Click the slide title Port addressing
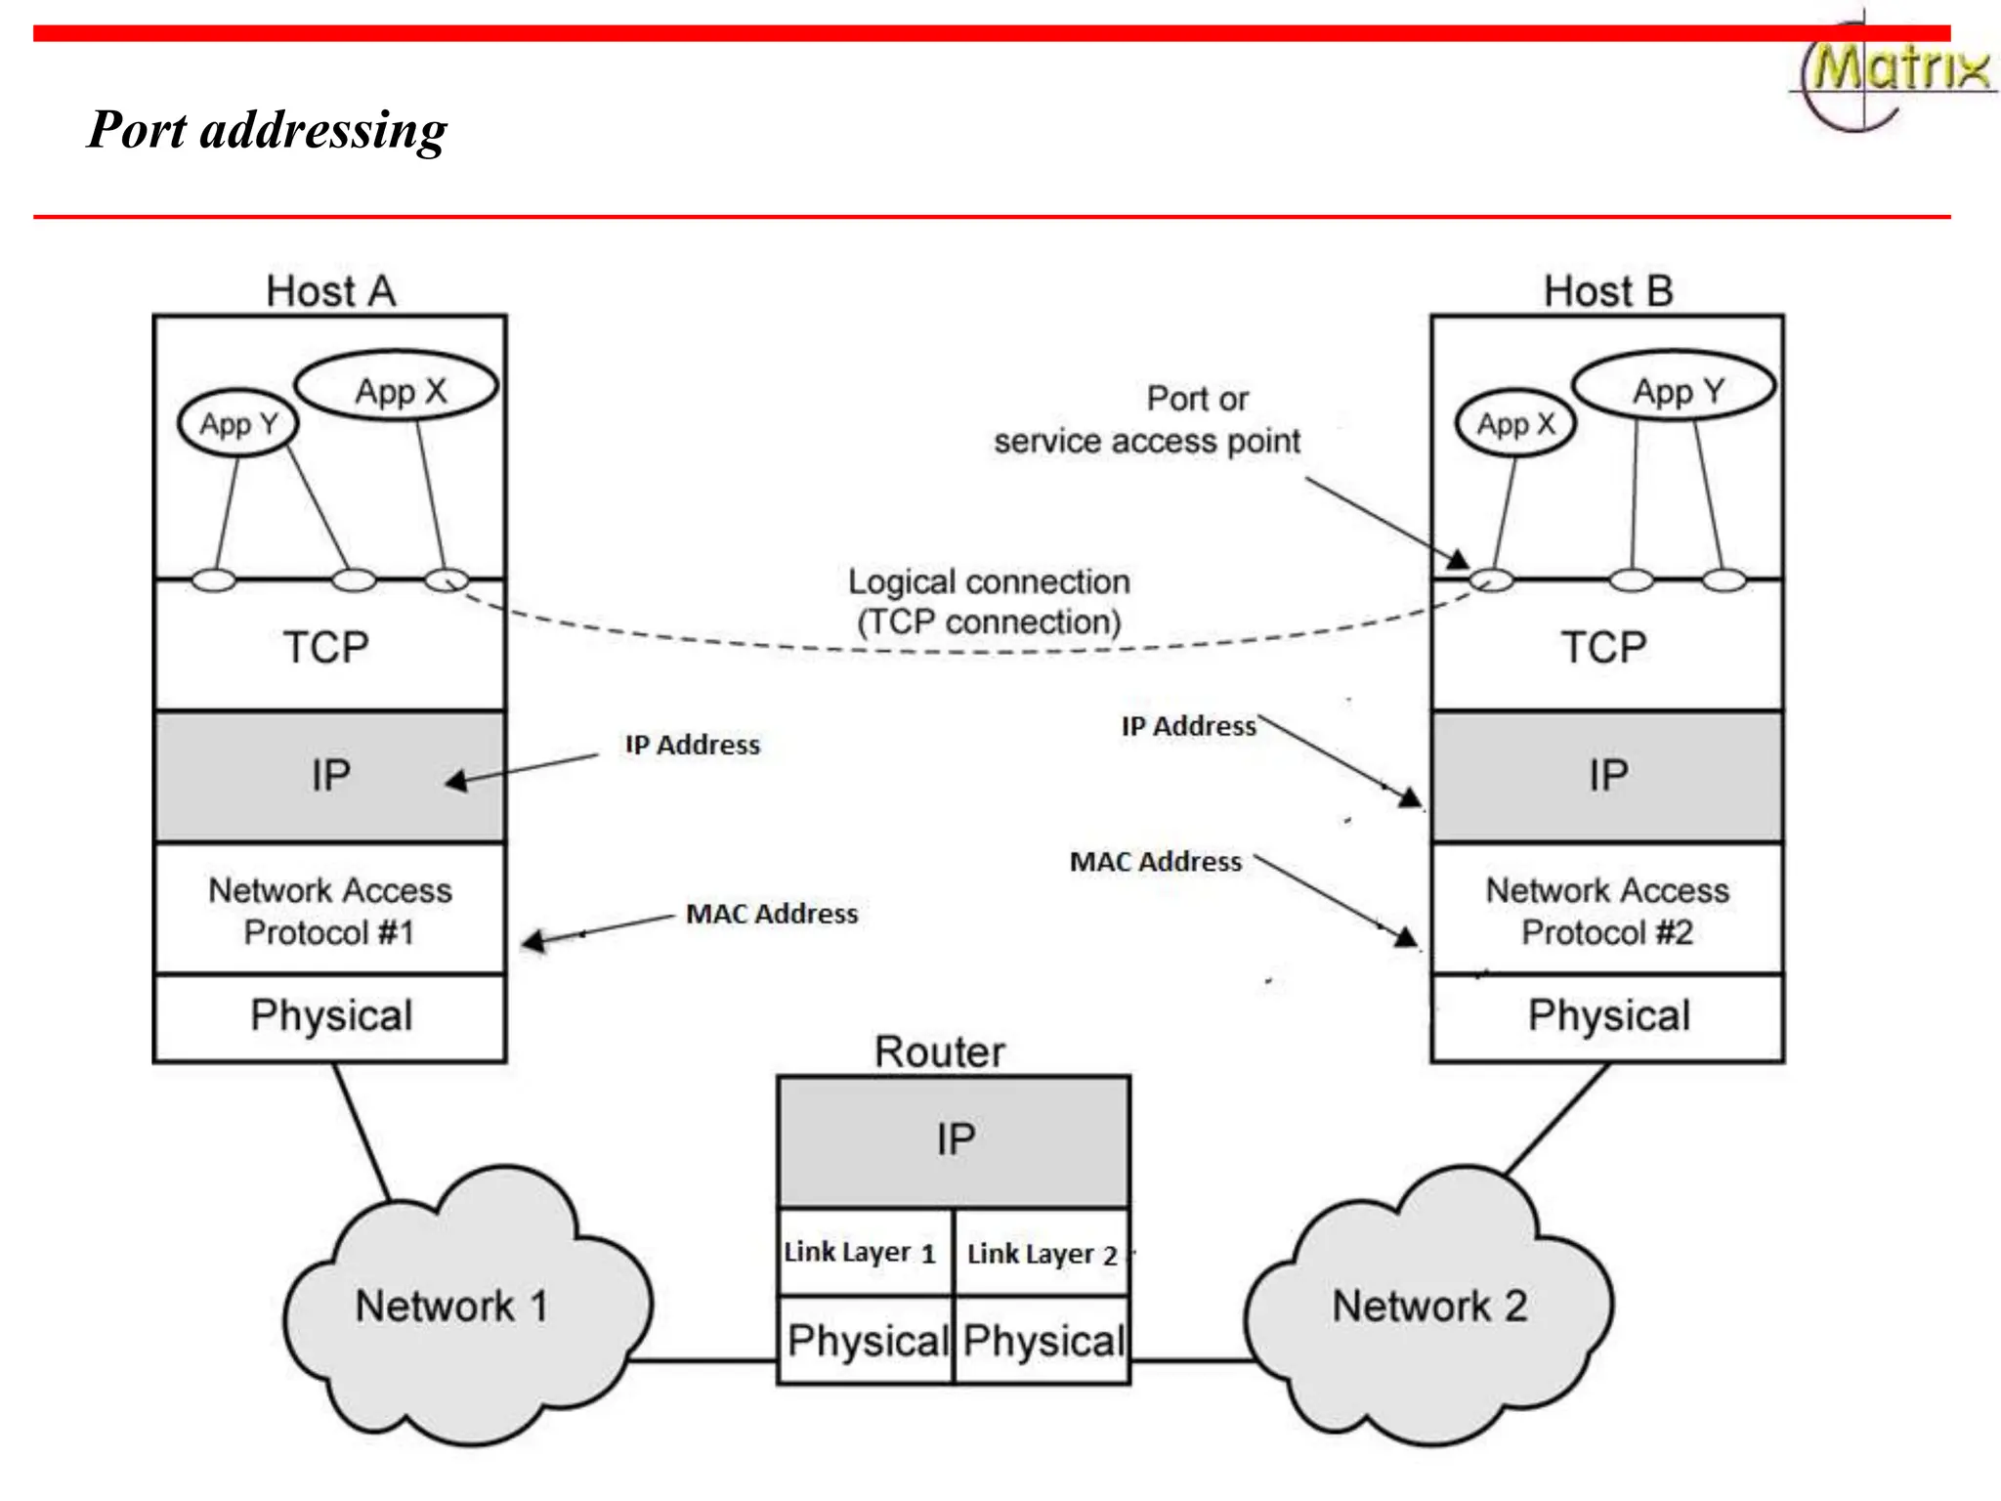(x=267, y=130)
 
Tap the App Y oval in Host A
(x=238, y=423)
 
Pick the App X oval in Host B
(x=1515, y=423)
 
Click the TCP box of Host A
(x=328, y=646)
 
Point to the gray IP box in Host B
(x=1607, y=776)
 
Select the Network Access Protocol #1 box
(x=330, y=910)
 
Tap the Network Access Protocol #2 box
(x=1607, y=910)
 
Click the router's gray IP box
(x=955, y=1140)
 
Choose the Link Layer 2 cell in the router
(x=1042, y=1253)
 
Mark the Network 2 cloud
(x=1429, y=1308)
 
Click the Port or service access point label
(x=1148, y=420)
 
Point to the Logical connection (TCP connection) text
(x=989, y=602)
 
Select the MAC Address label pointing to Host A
(x=772, y=914)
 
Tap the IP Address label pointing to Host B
(x=1188, y=726)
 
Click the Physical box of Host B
(x=1607, y=1016)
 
